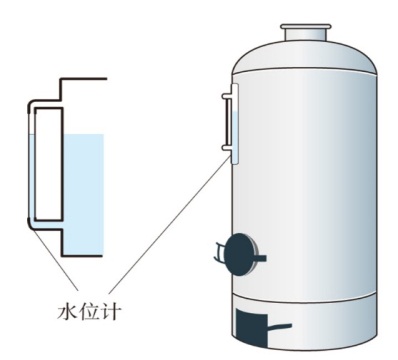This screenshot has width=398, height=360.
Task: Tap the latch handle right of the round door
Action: point(262,258)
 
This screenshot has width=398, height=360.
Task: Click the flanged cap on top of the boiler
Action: point(306,31)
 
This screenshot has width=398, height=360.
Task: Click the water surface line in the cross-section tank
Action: point(81,135)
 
